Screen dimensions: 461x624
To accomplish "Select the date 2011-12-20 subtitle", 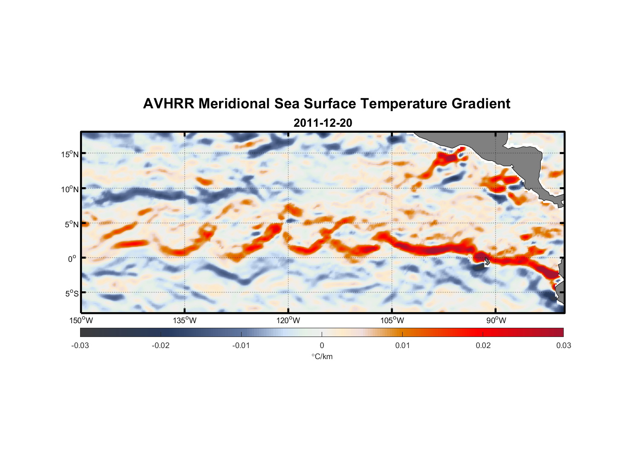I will pos(323,123).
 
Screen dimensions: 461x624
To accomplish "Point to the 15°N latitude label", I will pos(70,154).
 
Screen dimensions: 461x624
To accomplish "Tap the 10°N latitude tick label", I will pos(70,189).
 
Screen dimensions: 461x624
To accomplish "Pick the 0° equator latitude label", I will pos(72,259).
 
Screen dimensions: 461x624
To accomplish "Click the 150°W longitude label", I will pos(81,320).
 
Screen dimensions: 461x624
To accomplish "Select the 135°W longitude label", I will pos(185,320).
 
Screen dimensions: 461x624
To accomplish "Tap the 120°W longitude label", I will pos(289,320).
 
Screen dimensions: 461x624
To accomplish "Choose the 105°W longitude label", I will pos(392,320).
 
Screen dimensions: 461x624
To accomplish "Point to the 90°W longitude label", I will pos(496,320).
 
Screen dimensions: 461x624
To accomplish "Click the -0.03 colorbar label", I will pos(80,345).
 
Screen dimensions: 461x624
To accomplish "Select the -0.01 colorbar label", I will pos(241,345).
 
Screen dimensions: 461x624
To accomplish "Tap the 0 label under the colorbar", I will pos(322,345).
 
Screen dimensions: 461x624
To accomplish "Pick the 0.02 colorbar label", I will pos(483,345).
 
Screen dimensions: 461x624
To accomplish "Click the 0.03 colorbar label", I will pos(563,345).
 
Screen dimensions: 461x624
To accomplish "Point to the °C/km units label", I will pos(322,356).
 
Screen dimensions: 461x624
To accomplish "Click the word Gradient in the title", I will pos(481,104).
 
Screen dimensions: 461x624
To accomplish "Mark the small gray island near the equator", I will pos(487,261).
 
